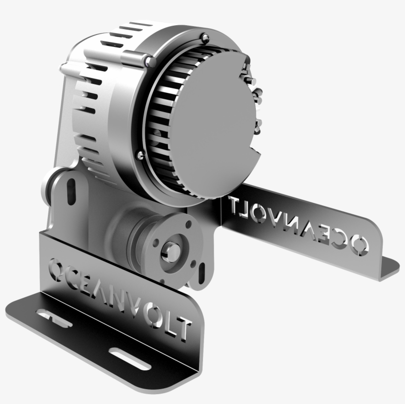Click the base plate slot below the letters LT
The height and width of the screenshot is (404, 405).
click(129, 359)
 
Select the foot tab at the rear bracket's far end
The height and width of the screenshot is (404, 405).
click(388, 267)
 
